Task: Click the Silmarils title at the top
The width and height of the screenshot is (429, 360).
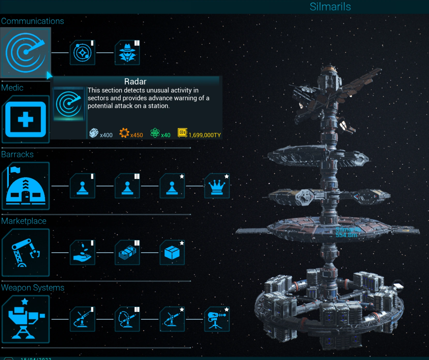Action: point(330,7)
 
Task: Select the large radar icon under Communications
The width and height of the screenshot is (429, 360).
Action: point(25,53)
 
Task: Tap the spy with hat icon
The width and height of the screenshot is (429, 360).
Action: point(127,53)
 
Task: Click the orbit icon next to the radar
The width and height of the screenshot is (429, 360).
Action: point(82,53)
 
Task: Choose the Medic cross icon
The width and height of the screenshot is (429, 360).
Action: point(25,119)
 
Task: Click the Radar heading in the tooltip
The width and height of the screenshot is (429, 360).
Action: point(135,82)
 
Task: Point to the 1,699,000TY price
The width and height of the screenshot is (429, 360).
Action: point(205,135)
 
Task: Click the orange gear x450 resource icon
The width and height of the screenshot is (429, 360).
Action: point(124,133)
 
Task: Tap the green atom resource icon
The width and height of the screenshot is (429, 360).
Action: point(155,133)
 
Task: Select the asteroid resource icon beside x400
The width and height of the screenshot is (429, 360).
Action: point(94,133)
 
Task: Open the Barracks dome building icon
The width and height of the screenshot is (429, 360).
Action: point(25,186)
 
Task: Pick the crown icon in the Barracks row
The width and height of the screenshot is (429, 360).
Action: point(217,186)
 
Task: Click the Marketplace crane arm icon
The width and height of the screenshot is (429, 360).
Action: point(25,253)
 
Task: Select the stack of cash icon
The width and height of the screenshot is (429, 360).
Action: point(127,253)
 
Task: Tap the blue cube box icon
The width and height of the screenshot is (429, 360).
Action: point(172,253)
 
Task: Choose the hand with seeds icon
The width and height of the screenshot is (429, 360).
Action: point(82,253)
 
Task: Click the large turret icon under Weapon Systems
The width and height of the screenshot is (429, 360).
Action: point(25,319)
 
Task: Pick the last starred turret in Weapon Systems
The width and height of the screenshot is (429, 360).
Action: point(217,319)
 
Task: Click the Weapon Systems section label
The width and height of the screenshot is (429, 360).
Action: point(33,288)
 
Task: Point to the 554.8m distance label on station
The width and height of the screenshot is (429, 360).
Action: point(346,235)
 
